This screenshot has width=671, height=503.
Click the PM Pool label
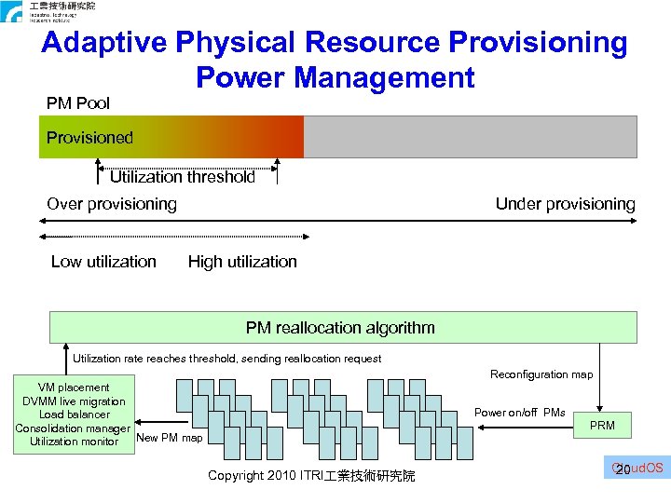[x=78, y=103]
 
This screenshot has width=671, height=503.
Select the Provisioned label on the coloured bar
[x=90, y=138]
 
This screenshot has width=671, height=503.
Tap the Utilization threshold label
[x=182, y=177]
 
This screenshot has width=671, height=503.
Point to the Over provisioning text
[x=112, y=204]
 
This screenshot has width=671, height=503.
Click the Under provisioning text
[x=565, y=204]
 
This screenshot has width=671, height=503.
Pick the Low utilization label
[x=103, y=262]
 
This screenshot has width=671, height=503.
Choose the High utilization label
[x=242, y=262]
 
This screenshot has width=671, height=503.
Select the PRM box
[x=602, y=427]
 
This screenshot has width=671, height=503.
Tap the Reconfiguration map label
[x=541, y=374]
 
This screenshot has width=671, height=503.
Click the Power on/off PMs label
[x=520, y=413]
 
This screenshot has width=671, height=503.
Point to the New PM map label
[x=169, y=438]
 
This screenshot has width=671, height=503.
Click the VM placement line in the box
[x=74, y=387]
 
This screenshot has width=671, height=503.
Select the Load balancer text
[x=75, y=415]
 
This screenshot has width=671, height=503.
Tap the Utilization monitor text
[x=75, y=442]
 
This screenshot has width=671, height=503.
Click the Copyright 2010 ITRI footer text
[x=311, y=476]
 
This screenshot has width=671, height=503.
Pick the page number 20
[x=623, y=469]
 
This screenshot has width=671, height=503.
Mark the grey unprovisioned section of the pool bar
[x=471, y=137]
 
